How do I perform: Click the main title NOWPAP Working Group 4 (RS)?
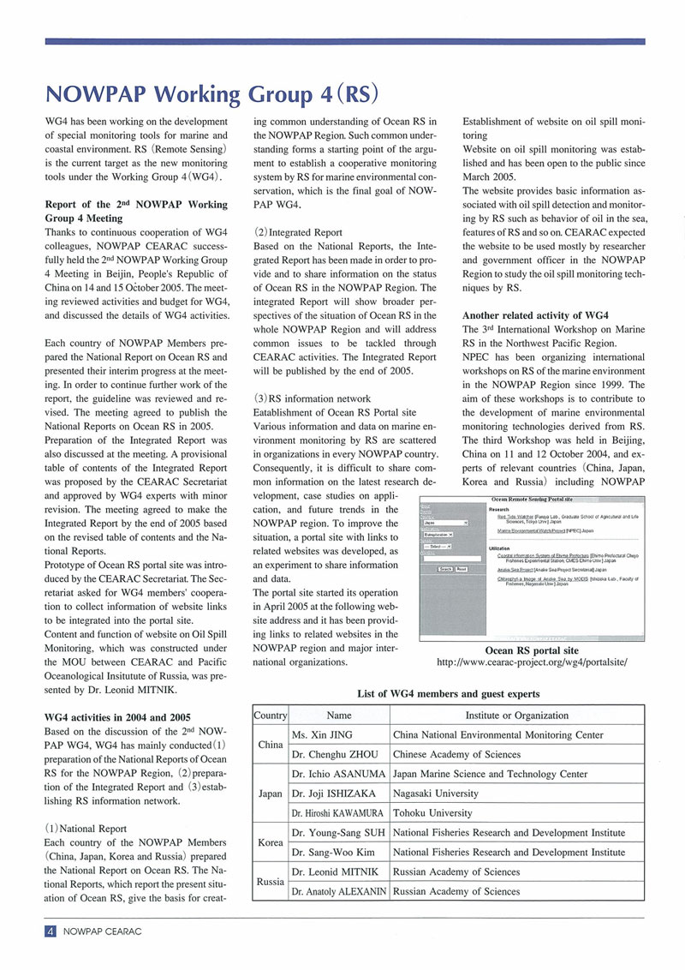click(211, 92)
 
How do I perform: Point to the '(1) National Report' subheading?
click(86, 828)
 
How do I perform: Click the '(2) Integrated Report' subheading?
click(299, 231)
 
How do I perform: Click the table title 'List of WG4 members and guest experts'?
click(447, 692)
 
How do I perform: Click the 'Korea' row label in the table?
click(271, 842)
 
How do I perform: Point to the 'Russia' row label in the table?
click(271, 882)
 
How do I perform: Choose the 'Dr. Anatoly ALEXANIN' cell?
click(338, 891)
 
